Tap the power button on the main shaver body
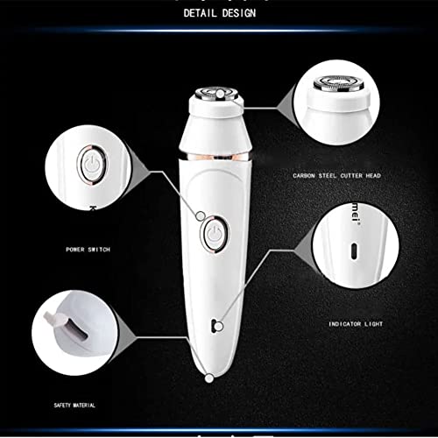point(211,232)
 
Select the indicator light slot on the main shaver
point(215,326)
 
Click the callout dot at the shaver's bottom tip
point(208,378)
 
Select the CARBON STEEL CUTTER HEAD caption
point(337,176)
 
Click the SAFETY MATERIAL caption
point(73,405)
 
